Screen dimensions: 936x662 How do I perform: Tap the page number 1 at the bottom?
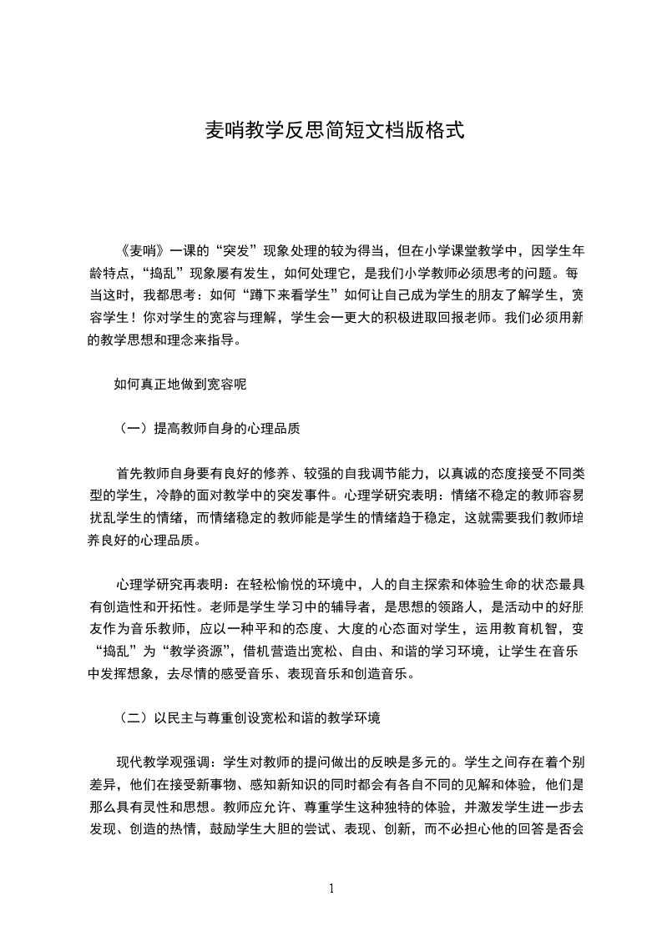point(331,888)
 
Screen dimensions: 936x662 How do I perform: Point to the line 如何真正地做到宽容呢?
point(179,385)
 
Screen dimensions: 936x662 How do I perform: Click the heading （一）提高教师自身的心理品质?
point(210,429)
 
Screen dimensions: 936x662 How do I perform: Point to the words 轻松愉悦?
point(286,581)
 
